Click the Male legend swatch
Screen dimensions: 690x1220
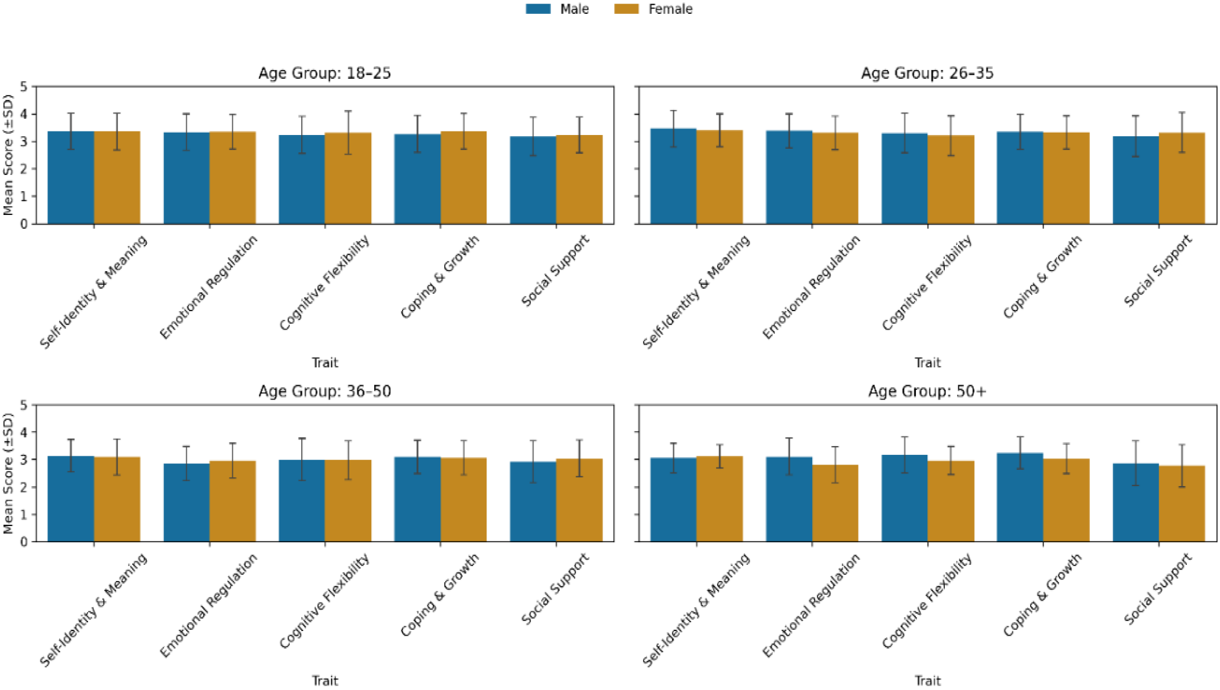(538, 9)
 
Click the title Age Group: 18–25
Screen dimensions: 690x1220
(324, 74)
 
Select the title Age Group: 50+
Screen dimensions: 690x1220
(927, 392)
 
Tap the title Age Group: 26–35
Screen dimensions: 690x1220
(927, 74)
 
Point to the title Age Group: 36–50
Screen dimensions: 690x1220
(324, 392)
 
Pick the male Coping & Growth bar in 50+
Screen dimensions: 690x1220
(1020, 498)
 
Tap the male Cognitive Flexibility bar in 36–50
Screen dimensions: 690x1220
(302, 501)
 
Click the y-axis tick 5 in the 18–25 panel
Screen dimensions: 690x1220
(24, 87)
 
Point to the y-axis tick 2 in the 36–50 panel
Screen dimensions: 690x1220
(24, 487)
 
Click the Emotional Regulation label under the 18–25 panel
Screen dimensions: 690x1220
(209, 287)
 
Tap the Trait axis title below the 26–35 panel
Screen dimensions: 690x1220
(927, 363)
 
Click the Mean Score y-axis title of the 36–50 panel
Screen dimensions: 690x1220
(8, 473)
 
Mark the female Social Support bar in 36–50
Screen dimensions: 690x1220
(579, 501)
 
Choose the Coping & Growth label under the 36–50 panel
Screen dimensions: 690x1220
(440, 594)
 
